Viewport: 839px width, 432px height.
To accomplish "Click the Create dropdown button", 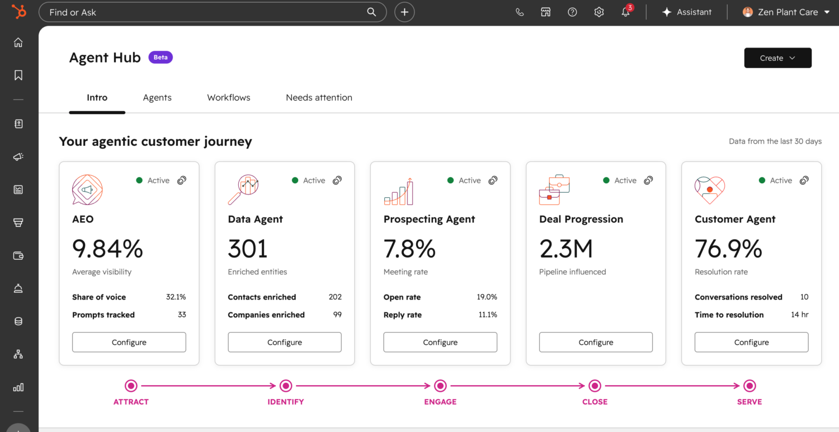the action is pos(777,58).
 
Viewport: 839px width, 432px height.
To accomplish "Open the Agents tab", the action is pos(157,98).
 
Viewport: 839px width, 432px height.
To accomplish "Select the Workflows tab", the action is pos(228,98).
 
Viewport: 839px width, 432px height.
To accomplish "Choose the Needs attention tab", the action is pos(319,98).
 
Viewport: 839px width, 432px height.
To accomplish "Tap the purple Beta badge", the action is pos(161,57).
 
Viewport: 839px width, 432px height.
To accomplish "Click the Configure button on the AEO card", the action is pos(129,342).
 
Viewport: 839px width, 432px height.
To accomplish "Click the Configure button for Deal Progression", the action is pos(596,342).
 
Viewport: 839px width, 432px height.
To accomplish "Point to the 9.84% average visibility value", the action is pos(107,249).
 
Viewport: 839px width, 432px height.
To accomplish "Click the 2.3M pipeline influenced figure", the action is pos(566,249).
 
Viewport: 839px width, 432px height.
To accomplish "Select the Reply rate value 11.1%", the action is pos(488,315).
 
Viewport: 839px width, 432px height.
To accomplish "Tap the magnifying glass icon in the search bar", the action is pos(371,12).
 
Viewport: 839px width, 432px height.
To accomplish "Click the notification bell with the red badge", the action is pos(626,12).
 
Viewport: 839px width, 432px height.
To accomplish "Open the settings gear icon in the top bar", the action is pos(599,12).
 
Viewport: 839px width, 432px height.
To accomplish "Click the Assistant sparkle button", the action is pos(687,12).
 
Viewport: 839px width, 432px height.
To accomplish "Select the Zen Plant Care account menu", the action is pos(786,12).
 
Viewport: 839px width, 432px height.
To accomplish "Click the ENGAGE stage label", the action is pos(440,402).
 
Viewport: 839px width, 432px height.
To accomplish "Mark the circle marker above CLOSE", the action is pos(595,386).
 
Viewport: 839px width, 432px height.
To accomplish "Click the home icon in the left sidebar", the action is pos(18,42).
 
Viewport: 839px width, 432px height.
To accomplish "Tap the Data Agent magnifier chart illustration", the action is pos(243,189).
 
